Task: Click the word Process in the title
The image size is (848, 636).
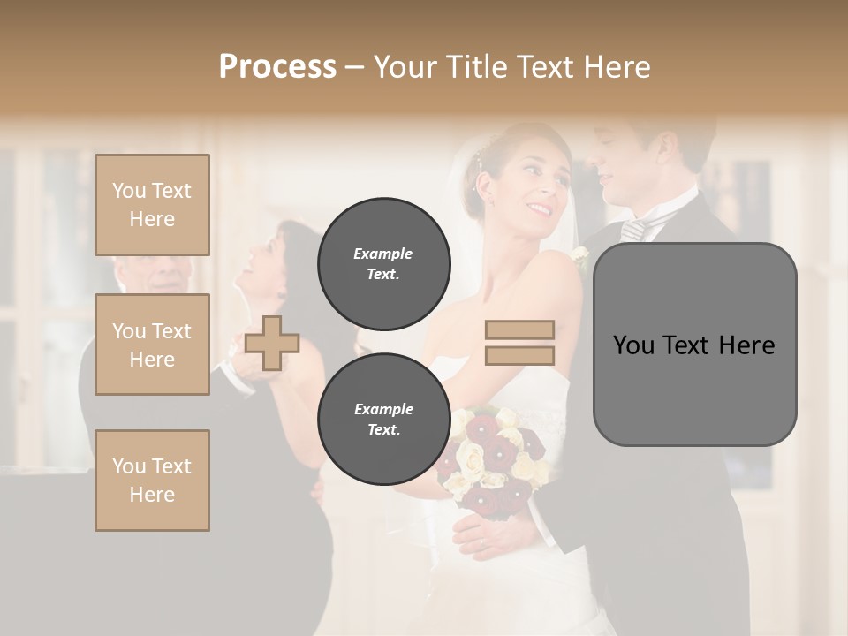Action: pos(277,67)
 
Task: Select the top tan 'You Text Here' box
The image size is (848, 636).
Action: pos(152,205)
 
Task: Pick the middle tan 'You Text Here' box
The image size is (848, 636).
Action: pos(152,344)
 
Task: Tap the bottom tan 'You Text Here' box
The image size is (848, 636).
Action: pos(152,481)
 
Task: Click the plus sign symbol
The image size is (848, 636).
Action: pos(272,342)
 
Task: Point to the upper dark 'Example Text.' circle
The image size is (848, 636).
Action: pos(383,264)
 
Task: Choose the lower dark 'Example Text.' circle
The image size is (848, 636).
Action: pos(383,420)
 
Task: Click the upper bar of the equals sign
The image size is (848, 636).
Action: pos(519,329)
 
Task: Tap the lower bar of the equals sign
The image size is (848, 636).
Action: pos(519,355)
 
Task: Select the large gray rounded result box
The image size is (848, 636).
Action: pos(694,344)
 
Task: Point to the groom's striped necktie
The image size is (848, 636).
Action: pos(633,230)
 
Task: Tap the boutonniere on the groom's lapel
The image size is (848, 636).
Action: pos(579,257)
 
